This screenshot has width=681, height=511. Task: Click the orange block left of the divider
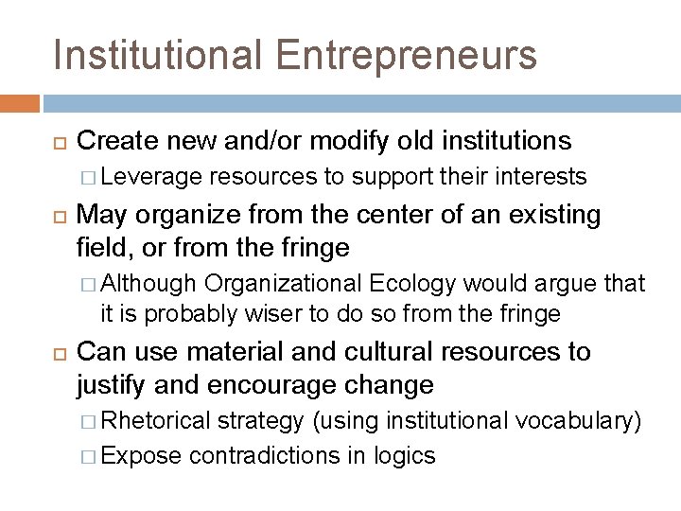[x=20, y=101]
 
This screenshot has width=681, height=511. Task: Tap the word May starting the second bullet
[x=99, y=215]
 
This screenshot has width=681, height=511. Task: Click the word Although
[x=148, y=283]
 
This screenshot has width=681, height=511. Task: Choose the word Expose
[x=141, y=455]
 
